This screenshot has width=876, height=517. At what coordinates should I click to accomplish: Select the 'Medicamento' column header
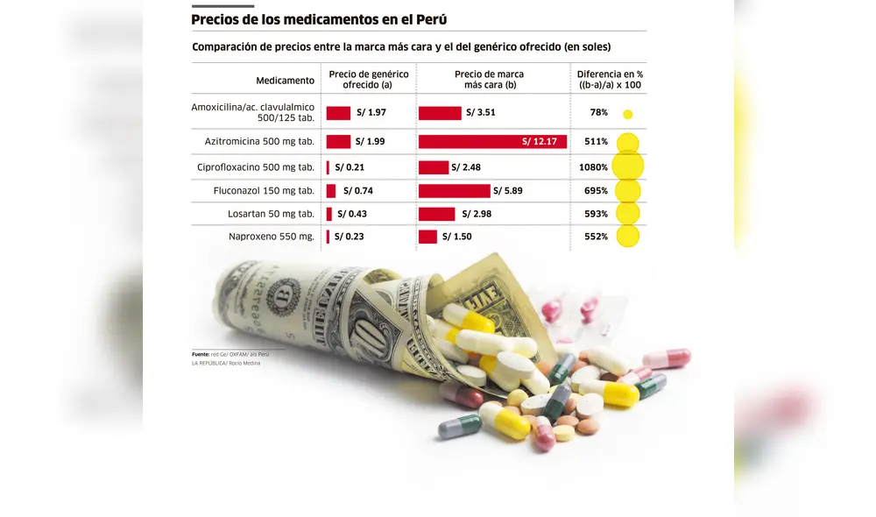pyautogui.click(x=285, y=81)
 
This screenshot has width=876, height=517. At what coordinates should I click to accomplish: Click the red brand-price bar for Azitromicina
pyautogui.click(x=492, y=142)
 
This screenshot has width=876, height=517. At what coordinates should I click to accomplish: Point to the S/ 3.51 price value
pyautogui.click(x=481, y=113)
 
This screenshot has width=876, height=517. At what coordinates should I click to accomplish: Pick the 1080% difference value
pyautogui.click(x=593, y=167)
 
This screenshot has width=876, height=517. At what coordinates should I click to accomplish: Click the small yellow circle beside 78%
pyautogui.click(x=627, y=114)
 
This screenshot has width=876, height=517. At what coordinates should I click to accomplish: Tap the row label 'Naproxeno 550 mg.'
pyautogui.click(x=272, y=237)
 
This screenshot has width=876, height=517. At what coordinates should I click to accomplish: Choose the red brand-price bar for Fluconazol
pyautogui.click(x=454, y=191)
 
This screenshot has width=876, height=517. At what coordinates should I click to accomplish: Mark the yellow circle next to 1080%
pyautogui.click(x=627, y=166)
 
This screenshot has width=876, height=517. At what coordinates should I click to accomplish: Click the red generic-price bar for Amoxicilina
pyautogui.click(x=338, y=113)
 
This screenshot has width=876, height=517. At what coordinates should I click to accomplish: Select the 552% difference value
pyautogui.click(x=596, y=237)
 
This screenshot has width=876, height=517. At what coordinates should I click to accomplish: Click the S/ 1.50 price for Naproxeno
pyautogui.click(x=457, y=237)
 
